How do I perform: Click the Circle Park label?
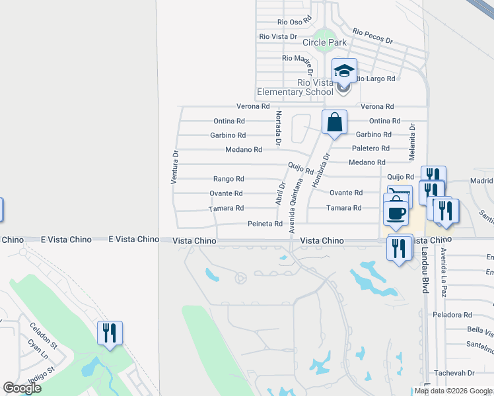point(324,42)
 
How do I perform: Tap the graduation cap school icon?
point(344,70)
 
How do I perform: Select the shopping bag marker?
point(334,122)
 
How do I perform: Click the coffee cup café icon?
point(396,213)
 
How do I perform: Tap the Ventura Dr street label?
point(175,167)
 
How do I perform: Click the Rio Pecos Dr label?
point(372,36)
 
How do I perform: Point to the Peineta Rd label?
point(265,224)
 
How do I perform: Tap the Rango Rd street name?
point(229,179)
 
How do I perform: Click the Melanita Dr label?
point(411,142)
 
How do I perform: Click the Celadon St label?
point(44,331)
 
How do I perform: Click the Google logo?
point(22,388)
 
